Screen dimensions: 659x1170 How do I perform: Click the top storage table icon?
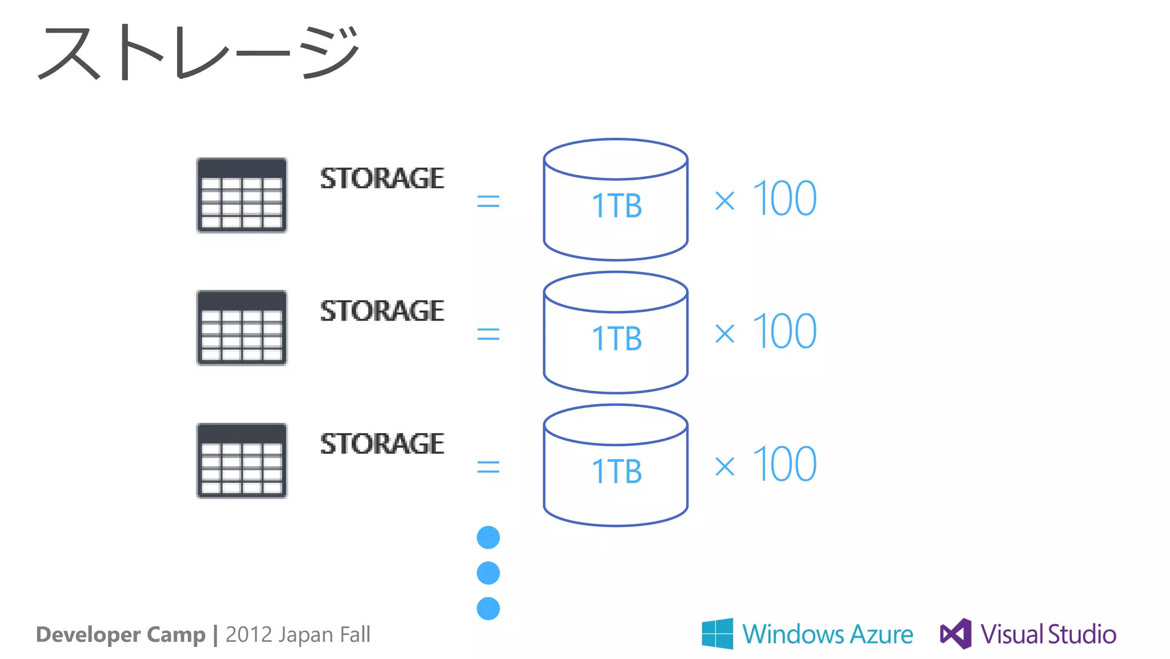click(x=242, y=195)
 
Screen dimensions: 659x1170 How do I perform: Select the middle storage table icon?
click(x=242, y=328)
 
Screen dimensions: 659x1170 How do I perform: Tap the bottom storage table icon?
click(x=242, y=461)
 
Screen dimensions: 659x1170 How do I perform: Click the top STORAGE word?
click(x=382, y=178)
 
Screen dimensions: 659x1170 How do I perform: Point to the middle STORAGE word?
click(x=382, y=311)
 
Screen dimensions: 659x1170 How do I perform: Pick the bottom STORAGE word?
click(x=382, y=444)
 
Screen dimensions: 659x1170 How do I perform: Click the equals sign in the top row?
click(x=488, y=201)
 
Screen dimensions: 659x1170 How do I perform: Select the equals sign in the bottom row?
click(x=488, y=468)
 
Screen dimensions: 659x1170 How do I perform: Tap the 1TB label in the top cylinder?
click(x=616, y=206)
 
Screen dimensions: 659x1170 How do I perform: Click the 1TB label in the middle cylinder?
click(x=616, y=338)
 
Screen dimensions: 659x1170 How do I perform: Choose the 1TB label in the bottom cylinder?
click(x=616, y=472)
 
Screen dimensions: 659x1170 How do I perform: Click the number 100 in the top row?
click(x=785, y=199)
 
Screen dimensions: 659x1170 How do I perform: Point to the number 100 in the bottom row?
click(x=785, y=464)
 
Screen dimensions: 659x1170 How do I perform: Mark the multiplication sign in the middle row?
click(x=725, y=334)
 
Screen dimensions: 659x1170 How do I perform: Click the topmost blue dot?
click(x=488, y=537)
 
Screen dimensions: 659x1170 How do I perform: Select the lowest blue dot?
click(x=488, y=609)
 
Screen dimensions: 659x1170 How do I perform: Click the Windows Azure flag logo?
click(x=718, y=633)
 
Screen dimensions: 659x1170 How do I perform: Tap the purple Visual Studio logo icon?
click(x=956, y=633)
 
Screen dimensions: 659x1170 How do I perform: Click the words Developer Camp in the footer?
click(x=121, y=634)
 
